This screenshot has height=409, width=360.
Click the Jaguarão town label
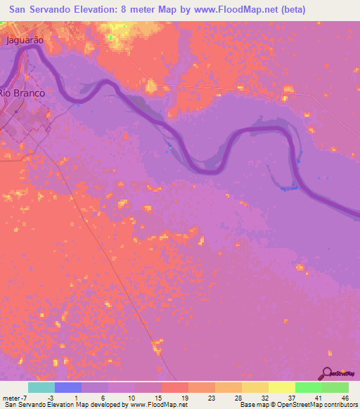(25, 40)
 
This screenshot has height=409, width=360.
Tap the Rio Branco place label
(22, 93)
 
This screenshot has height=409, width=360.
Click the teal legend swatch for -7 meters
(41, 387)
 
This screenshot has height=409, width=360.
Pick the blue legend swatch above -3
(68, 387)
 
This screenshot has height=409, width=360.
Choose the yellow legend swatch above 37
(281, 387)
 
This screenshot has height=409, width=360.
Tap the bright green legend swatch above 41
(308, 387)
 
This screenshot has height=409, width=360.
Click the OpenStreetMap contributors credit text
(320, 405)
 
